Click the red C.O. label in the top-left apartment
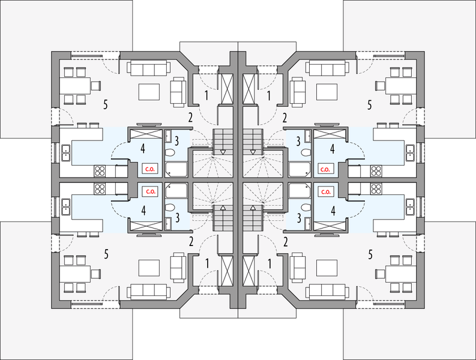coord(148,170)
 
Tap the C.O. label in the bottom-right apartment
coord(325,192)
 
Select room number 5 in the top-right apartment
coord(369,104)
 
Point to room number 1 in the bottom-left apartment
coord(207,262)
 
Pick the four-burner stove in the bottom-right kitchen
coord(376,189)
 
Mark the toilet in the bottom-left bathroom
coord(170,208)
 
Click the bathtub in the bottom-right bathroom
coord(299,191)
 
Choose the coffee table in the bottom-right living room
coord(326,268)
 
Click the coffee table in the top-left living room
coord(150,92)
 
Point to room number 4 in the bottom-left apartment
coord(142,211)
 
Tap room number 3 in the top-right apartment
coord(298,142)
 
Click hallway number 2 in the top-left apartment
coord(191,117)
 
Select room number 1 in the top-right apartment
coord(268,95)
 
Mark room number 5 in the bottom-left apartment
coord(106,254)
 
